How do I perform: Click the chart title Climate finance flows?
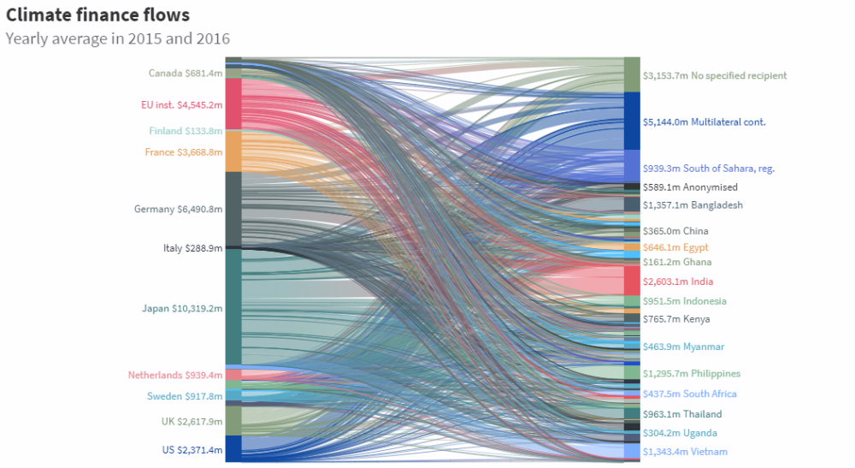click(97, 15)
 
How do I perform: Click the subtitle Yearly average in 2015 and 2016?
click(117, 39)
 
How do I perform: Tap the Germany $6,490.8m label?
click(178, 209)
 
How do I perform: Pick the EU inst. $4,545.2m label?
click(181, 105)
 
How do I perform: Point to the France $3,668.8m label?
click(183, 152)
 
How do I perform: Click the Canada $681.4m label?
click(186, 73)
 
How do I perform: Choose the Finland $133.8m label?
click(186, 131)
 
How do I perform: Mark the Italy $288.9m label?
click(192, 248)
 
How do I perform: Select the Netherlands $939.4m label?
click(175, 375)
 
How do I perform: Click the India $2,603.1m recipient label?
click(678, 281)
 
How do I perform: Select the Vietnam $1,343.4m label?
click(685, 451)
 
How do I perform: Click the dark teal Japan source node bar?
click(233, 307)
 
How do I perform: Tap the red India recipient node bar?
click(632, 281)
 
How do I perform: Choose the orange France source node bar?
click(233, 151)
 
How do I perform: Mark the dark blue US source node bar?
click(233, 448)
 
